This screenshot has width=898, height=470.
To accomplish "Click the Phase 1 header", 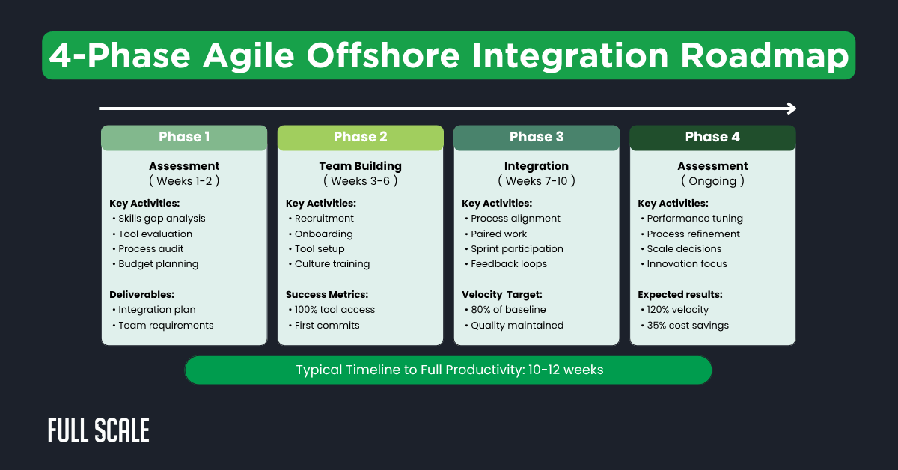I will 184,137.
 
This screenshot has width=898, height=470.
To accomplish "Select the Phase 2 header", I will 360,137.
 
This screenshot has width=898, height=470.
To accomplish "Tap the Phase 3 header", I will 536,137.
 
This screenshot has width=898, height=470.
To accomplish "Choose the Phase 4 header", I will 712,137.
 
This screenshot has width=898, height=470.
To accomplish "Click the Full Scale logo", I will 99,430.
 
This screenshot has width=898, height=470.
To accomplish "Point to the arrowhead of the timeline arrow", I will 792,109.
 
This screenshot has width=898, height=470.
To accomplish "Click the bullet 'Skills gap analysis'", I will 161,219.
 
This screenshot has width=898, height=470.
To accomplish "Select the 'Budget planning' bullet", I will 158,264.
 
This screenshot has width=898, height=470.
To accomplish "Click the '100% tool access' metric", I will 335,310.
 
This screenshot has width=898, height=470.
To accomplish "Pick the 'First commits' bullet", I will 327,326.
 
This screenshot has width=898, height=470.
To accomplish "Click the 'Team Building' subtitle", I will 360,166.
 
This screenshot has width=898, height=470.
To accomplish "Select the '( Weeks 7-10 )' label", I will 536,181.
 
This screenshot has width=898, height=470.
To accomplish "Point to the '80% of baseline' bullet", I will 508,310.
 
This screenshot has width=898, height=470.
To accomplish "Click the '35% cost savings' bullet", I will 688,326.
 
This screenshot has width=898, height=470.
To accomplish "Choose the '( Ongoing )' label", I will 712,181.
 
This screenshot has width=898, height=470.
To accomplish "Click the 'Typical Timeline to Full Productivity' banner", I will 448,370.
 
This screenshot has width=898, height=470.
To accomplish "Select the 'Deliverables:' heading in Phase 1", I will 143,295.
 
